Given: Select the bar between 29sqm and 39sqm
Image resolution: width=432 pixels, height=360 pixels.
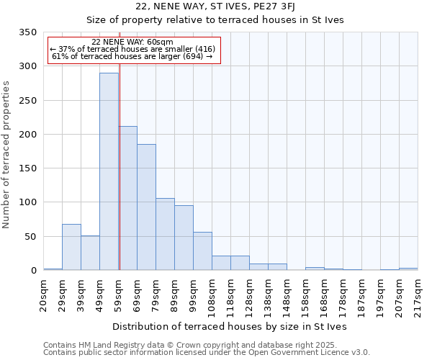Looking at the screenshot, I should pos(71,247).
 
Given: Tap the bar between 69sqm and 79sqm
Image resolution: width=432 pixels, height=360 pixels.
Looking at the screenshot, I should pos(146,207).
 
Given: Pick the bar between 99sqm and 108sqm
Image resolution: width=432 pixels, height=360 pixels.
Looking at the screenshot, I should pos(202,251).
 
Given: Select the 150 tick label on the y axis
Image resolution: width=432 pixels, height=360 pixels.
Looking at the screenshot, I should pos(29,168).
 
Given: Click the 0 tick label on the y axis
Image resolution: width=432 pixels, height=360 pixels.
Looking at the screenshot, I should pos(33,271).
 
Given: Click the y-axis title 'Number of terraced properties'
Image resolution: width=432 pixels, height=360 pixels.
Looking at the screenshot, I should pos(6,154).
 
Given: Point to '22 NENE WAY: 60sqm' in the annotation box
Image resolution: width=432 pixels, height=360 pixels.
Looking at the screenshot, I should pos(132,42).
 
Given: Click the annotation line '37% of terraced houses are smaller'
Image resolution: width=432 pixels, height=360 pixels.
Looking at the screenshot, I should pos(132,49).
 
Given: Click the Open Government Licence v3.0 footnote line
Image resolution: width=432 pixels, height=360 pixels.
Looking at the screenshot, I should pos(206,353).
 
